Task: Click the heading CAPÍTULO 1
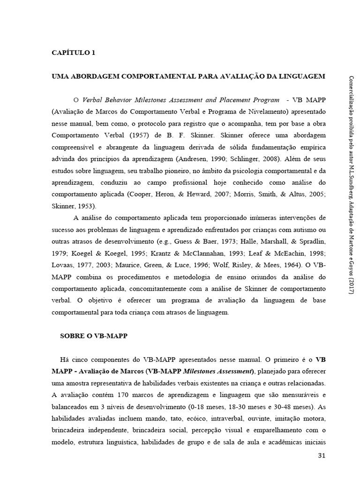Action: (73, 52)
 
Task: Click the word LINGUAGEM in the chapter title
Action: (298, 76)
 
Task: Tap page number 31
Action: (321, 455)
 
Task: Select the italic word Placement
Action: (220, 100)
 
